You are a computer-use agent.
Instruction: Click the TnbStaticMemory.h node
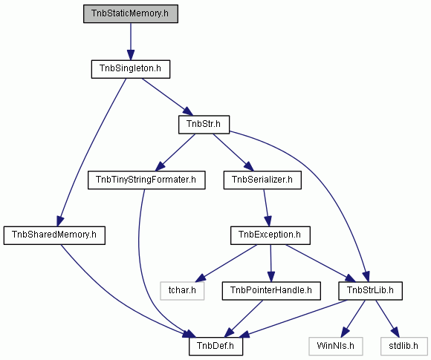click(x=131, y=13)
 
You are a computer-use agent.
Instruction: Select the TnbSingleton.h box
click(x=131, y=69)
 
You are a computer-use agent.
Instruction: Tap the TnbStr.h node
click(x=204, y=125)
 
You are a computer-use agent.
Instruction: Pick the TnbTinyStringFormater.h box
click(x=146, y=180)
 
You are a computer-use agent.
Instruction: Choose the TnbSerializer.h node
click(x=262, y=180)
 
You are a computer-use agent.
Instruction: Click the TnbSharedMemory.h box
click(x=54, y=235)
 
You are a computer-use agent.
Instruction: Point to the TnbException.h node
click(x=270, y=235)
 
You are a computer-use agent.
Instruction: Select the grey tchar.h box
click(x=182, y=291)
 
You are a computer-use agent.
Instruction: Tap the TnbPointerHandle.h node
click(x=271, y=291)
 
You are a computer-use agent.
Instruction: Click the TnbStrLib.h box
click(x=370, y=291)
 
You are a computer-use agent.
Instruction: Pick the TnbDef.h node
click(x=215, y=347)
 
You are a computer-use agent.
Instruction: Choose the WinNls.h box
click(x=336, y=347)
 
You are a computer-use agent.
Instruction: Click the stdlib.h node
click(x=404, y=347)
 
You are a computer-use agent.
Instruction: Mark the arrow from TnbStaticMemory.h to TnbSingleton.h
click(x=131, y=42)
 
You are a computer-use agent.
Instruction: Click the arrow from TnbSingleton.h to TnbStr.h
click(x=167, y=97)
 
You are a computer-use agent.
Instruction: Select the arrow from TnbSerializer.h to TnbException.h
click(x=266, y=208)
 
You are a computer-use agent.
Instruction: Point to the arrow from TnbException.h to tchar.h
click(x=226, y=264)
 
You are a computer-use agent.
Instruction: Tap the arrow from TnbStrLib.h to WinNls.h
click(x=353, y=318)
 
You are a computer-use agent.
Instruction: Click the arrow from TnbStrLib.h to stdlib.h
click(x=387, y=318)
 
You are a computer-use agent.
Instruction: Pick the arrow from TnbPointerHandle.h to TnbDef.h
click(x=243, y=318)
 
